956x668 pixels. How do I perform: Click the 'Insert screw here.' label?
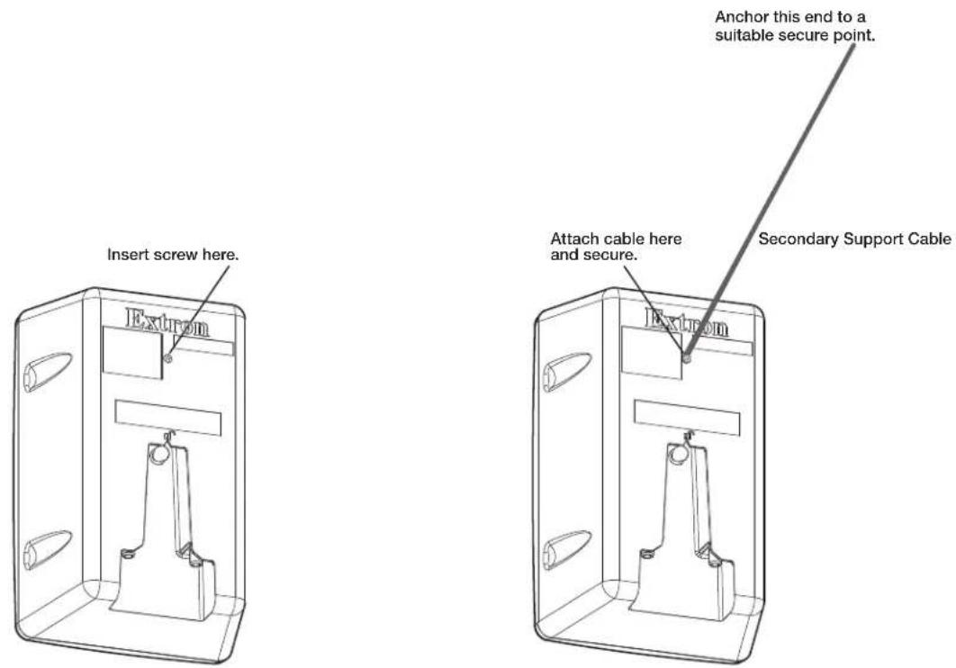173,254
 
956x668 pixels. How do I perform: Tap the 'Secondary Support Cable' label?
855,239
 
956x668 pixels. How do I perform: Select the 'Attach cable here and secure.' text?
616,247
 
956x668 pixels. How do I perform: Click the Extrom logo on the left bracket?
167,321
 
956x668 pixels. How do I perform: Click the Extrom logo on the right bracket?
687,321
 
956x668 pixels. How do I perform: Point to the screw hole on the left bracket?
168,359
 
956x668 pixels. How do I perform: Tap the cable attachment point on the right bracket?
687,359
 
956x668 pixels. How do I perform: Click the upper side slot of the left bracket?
47,371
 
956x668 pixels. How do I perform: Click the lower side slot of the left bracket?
47,550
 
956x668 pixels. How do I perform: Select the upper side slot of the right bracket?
566,371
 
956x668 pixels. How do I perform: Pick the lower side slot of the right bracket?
566,550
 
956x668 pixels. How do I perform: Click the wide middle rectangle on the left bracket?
167,418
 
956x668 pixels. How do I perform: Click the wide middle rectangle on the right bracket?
687,418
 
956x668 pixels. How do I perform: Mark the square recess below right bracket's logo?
652,352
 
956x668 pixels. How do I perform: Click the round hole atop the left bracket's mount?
158,454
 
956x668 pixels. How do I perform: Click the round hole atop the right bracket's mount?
678,454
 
